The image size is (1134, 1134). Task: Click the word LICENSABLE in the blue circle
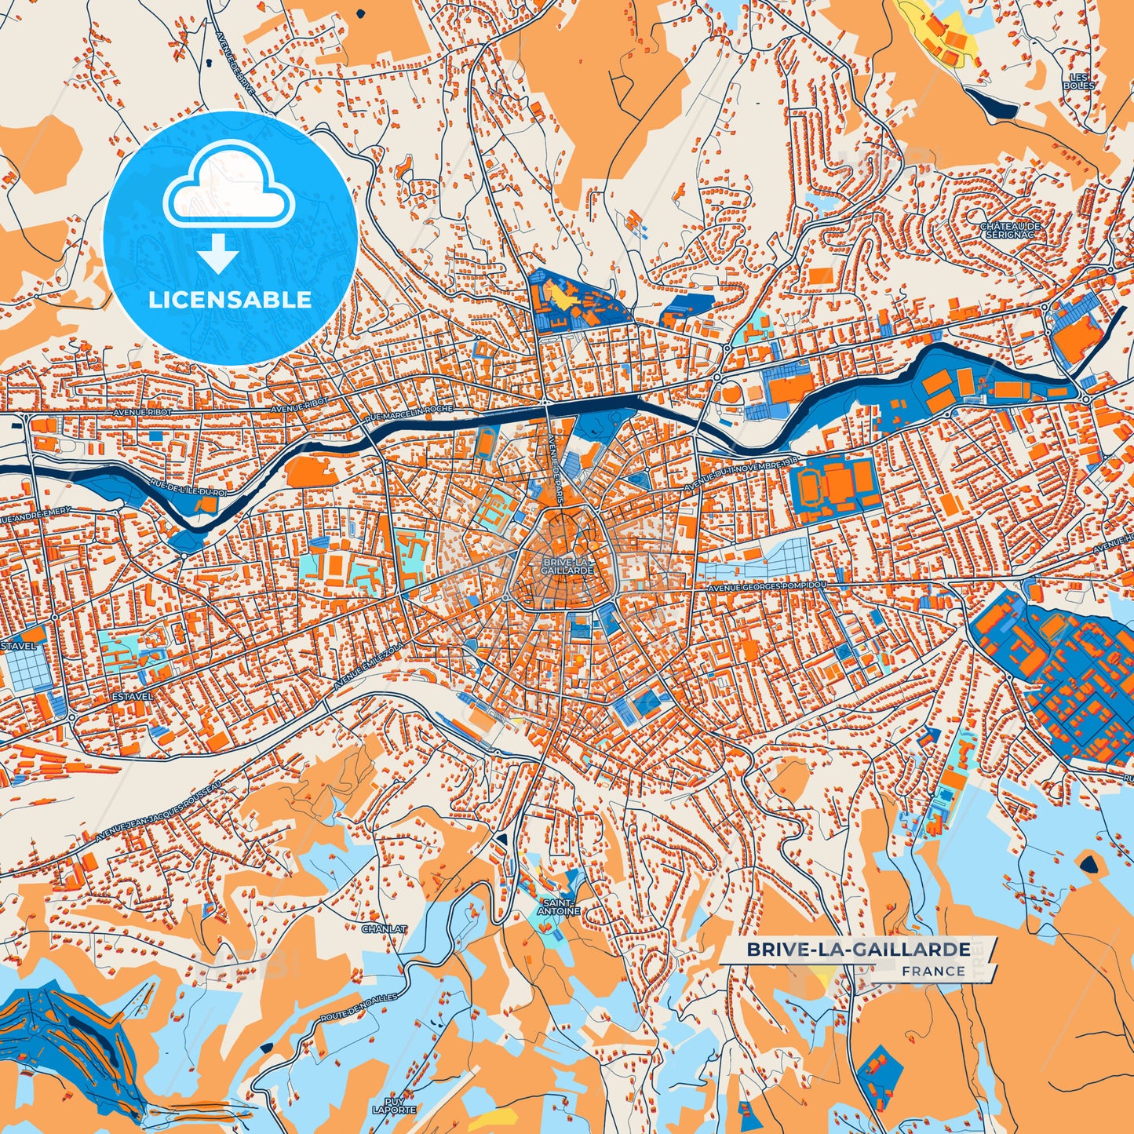pyautogui.click(x=230, y=300)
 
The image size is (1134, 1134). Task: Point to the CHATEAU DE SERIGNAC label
pyautogui.click(x=1010, y=231)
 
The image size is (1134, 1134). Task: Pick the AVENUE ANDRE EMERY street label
pyautogui.click(x=35, y=516)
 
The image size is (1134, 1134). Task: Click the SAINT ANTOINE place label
pyautogui.click(x=558, y=907)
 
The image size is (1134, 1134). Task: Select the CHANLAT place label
pyautogui.click(x=384, y=929)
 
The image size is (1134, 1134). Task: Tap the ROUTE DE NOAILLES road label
pyautogui.click(x=359, y=1008)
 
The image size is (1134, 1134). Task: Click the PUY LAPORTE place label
pyautogui.click(x=394, y=1106)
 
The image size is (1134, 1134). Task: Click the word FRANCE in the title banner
pyautogui.click(x=933, y=971)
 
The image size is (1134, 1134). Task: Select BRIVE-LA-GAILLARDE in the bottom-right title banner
pyautogui.click(x=858, y=950)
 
